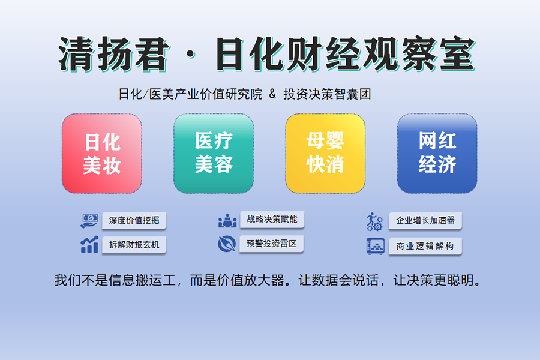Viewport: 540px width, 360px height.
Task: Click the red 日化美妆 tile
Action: click(x=102, y=154)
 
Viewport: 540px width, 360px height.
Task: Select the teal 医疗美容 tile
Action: click(x=214, y=154)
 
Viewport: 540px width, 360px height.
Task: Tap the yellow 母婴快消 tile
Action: click(x=325, y=154)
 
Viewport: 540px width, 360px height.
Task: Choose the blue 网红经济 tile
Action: click(x=437, y=154)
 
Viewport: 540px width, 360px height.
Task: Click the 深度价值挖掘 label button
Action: click(x=134, y=220)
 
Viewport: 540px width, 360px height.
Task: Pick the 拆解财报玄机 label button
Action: click(x=134, y=245)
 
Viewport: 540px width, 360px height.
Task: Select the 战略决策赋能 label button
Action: click(x=272, y=220)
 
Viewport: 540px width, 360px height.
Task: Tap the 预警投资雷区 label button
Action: click(x=272, y=244)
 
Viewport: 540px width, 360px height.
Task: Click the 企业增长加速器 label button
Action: click(x=425, y=220)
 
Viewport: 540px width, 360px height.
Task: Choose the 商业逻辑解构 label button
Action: click(x=425, y=246)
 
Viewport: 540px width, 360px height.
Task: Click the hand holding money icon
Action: click(x=89, y=221)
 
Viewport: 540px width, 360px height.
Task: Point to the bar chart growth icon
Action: click(x=89, y=245)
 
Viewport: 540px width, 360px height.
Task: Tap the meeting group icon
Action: click(x=227, y=220)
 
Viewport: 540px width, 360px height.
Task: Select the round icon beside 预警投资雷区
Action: click(x=227, y=244)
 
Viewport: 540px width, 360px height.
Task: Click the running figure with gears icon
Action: click(x=374, y=221)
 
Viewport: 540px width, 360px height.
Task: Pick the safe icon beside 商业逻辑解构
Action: click(x=376, y=247)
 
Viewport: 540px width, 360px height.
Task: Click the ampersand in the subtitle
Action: click(x=272, y=94)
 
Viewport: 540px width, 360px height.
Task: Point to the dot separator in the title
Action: click(x=190, y=55)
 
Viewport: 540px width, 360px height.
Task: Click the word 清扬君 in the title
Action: click(x=113, y=55)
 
